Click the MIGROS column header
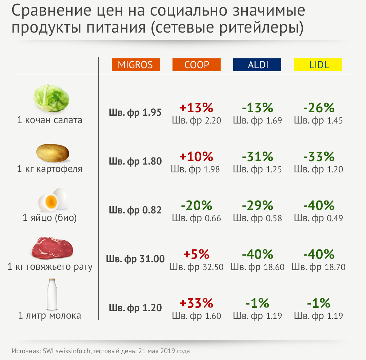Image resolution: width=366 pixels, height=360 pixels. click(x=136, y=65)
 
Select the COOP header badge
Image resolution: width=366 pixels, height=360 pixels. click(x=197, y=65)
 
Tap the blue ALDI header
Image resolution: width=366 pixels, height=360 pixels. click(x=257, y=65)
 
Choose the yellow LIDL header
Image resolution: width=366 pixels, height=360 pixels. click(x=318, y=65)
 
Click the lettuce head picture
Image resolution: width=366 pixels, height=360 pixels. click(x=52, y=98)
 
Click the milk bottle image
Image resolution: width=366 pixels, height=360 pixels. click(x=52, y=295)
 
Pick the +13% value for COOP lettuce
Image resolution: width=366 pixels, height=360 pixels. click(x=196, y=108)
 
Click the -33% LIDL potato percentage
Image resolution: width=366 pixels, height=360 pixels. click(x=319, y=157)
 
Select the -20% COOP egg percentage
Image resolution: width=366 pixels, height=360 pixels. click(x=197, y=206)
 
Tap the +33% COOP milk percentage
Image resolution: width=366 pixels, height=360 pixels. click(x=196, y=303)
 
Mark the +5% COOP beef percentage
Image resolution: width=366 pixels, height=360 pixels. click(x=196, y=254)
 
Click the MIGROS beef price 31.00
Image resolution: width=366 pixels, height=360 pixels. click(x=135, y=259)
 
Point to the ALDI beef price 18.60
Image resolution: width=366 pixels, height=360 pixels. click(x=258, y=267)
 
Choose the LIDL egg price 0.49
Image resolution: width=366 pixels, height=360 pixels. click(x=319, y=218)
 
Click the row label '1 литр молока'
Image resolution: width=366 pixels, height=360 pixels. click(x=49, y=316)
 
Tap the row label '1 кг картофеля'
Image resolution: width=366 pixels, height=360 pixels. click(x=49, y=169)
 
